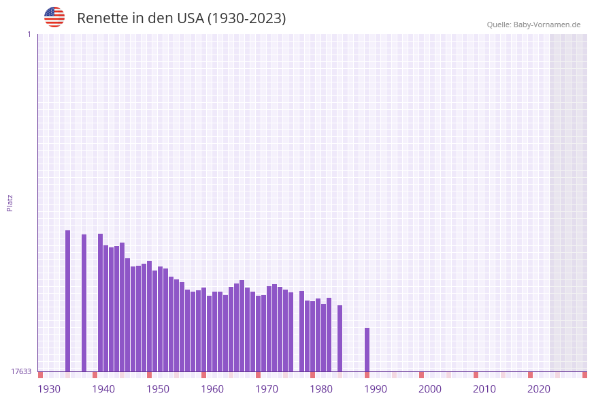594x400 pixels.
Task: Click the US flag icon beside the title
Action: pos(54,17)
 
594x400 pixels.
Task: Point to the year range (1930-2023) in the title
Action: pos(246,18)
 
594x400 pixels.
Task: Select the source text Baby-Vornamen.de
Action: pos(547,25)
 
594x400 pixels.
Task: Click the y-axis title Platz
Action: pos(10,202)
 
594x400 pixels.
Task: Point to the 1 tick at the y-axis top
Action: pos(29,34)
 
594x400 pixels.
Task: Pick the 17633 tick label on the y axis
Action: pos(21,371)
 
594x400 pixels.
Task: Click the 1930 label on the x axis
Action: pos(49,389)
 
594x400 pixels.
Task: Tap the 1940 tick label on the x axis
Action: pos(103,389)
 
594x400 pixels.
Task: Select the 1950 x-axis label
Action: pos(158,389)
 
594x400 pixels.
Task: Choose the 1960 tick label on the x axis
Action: pos(212,389)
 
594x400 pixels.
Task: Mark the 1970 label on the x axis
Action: pos(267,389)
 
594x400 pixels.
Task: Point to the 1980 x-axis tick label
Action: pos(321,389)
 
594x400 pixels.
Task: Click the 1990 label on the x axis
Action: pos(376,389)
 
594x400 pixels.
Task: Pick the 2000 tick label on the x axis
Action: pos(430,389)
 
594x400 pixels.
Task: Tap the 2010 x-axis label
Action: pos(484,389)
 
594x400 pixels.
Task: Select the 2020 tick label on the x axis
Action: pos(539,389)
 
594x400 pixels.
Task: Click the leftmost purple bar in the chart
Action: pos(68,300)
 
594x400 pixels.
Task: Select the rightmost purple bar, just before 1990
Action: pos(367,350)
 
